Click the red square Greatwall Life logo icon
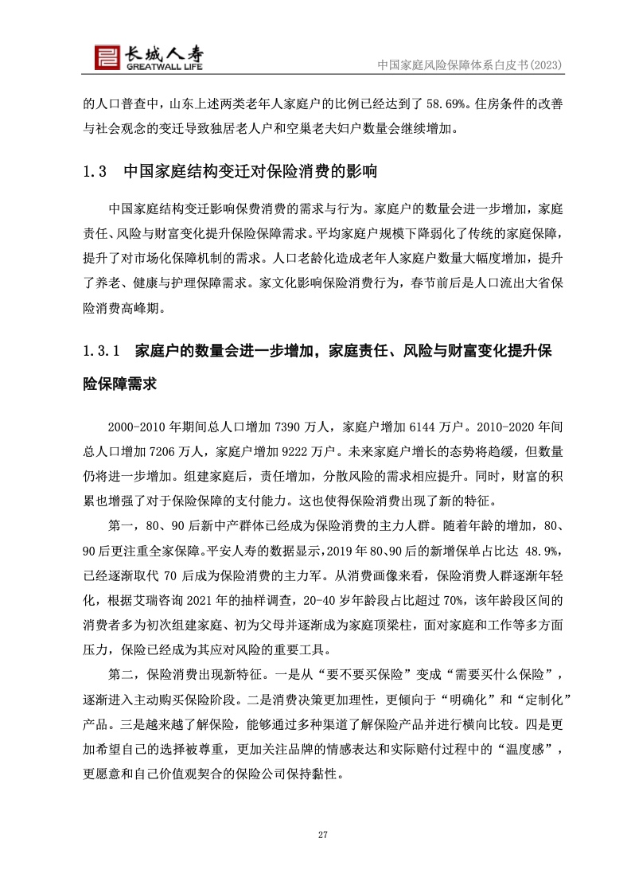pyautogui.click(x=106, y=56)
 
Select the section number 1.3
pyautogui.click(x=95, y=172)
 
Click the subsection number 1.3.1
pyautogui.click(x=101, y=350)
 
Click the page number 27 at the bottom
pyautogui.click(x=323, y=834)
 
